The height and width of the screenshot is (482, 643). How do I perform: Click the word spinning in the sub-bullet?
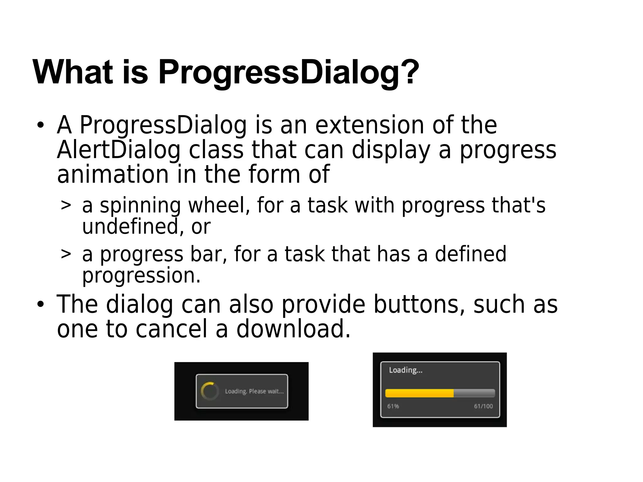pyautogui.click(x=140, y=206)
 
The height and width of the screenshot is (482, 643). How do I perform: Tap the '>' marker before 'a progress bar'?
pyautogui.click(x=66, y=254)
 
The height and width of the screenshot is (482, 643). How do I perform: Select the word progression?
pyautogui.click(x=141, y=276)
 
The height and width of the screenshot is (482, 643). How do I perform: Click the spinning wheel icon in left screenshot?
pyautogui.click(x=210, y=391)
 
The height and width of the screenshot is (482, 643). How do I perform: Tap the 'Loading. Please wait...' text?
pyautogui.click(x=254, y=391)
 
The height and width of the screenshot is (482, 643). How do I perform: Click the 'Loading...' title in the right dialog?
pyautogui.click(x=406, y=370)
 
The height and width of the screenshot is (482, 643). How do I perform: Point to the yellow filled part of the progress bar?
pyautogui.click(x=419, y=393)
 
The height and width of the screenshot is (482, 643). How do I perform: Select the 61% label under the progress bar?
pyautogui.click(x=393, y=406)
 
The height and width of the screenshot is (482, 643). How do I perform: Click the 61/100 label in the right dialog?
pyautogui.click(x=483, y=406)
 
